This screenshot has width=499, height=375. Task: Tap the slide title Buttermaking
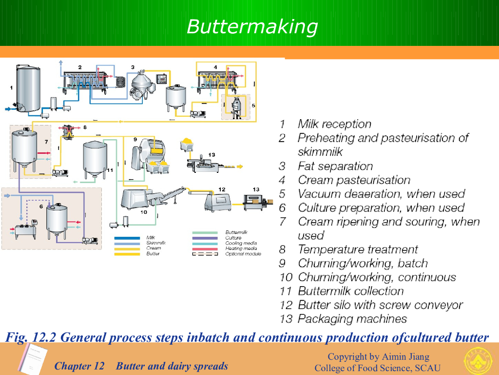(252, 26)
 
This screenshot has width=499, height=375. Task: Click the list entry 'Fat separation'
(335, 166)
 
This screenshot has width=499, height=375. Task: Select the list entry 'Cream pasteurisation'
(354, 180)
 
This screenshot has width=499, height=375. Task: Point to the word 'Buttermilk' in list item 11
(322, 291)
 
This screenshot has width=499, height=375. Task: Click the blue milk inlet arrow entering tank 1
(9, 108)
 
